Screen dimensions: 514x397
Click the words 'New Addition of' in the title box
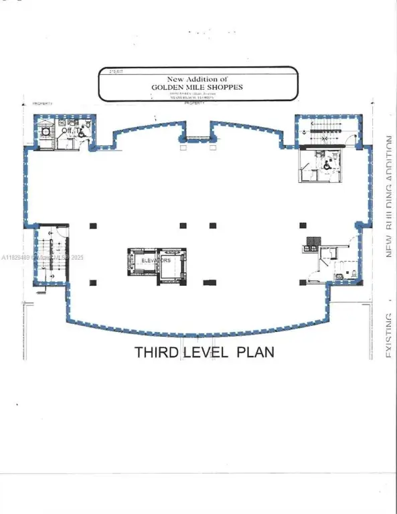(197, 79)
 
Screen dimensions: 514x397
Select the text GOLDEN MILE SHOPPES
(197, 87)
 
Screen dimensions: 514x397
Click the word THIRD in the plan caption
(157, 351)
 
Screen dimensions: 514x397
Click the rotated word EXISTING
(388, 335)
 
